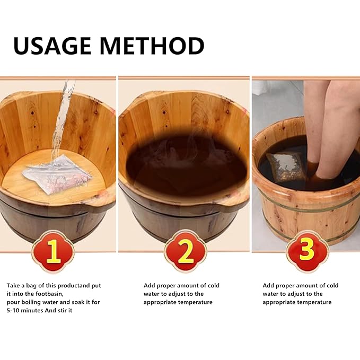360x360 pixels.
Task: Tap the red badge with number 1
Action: [52, 250]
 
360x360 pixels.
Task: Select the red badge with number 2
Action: [185, 250]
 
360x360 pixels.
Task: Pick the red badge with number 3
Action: [307, 250]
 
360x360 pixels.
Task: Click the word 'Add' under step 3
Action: [269, 285]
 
